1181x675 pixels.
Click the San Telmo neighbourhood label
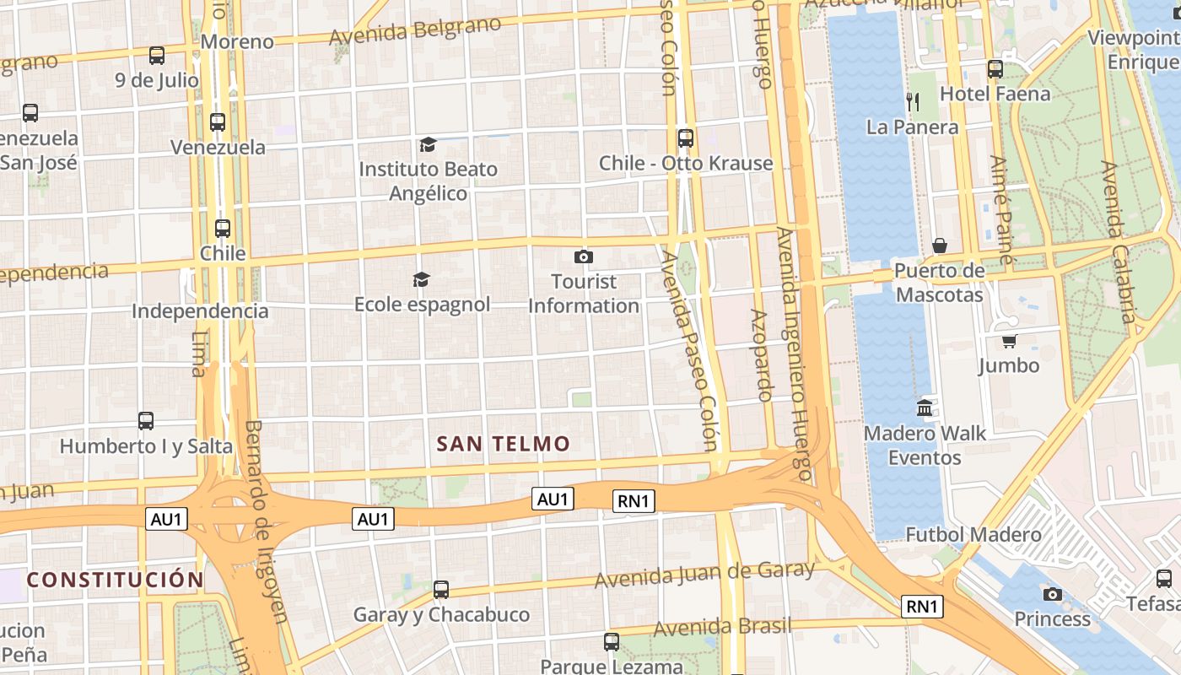click(503, 444)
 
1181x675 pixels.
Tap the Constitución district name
click(115, 580)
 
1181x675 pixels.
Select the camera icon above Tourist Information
click(583, 256)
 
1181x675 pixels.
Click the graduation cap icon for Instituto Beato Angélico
click(428, 145)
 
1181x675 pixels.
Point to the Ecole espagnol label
click(422, 305)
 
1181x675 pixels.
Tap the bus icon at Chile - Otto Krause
click(685, 138)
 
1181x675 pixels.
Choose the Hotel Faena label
click(995, 94)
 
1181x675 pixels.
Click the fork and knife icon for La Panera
click(912, 102)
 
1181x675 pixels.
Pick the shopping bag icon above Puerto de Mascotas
click(939, 246)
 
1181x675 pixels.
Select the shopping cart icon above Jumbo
click(1008, 341)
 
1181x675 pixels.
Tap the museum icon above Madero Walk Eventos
click(925, 408)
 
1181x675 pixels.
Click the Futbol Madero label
click(973, 534)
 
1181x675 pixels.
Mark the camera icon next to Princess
click(1052, 594)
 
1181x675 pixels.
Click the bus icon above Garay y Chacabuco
click(440, 590)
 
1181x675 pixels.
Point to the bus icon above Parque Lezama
click(612, 642)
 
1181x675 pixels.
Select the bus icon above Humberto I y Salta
click(146, 420)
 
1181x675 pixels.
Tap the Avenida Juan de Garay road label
click(704, 575)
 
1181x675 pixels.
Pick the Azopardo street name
click(762, 354)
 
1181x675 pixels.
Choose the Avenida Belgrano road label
click(415, 32)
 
